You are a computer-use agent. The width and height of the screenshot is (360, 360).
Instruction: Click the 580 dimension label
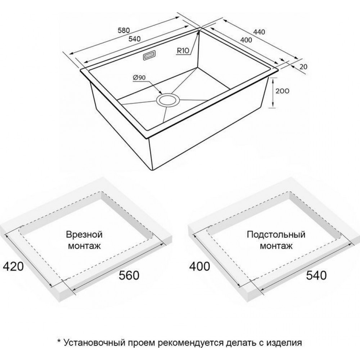click(x=124, y=30)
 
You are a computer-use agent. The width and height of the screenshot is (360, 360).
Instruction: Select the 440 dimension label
click(x=259, y=32)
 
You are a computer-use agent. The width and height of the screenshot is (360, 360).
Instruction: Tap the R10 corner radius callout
click(x=183, y=50)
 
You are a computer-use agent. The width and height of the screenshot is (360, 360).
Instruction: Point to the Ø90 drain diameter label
click(x=139, y=78)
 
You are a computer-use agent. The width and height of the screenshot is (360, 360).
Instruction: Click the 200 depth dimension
click(x=282, y=91)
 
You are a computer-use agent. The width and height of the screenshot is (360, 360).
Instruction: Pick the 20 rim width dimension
click(x=303, y=67)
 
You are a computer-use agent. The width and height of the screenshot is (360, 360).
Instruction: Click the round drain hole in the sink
click(x=167, y=100)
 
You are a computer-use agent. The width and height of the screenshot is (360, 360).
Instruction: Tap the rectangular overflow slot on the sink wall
click(x=149, y=55)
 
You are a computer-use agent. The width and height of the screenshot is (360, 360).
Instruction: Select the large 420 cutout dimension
click(x=13, y=266)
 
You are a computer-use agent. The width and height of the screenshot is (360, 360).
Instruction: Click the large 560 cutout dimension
click(x=129, y=275)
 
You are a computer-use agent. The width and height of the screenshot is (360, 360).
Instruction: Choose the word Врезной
click(x=84, y=235)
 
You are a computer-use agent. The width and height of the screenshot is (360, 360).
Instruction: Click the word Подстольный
click(x=276, y=235)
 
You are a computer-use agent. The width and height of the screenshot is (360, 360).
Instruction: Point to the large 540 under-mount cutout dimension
click(x=316, y=275)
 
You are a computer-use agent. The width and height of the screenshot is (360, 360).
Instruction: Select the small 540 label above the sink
click(x=134, y=39)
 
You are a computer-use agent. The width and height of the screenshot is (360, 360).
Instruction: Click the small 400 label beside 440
click(x=246, y=40)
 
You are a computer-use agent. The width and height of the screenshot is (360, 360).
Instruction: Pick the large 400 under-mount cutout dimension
click(x=199, y=266)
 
